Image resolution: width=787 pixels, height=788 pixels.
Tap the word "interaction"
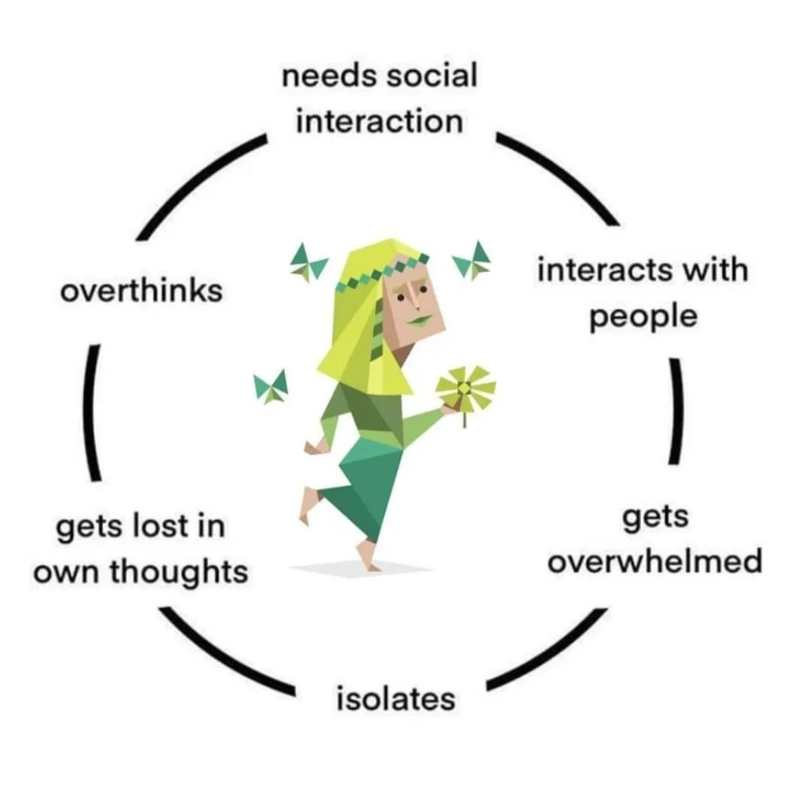tap(379, 122)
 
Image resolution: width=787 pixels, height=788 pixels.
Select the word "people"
tap(643, 317)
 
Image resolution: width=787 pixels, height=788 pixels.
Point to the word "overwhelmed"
tap(654, 562)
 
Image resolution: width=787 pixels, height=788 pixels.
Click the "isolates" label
tap(396, 698)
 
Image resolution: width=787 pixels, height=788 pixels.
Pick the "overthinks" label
tap(142, 291)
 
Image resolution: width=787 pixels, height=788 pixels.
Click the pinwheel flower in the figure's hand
tap(465, 386)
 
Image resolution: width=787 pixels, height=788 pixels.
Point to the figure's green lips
tap(422, 319)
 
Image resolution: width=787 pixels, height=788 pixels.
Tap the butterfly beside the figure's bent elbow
tap(271, 386)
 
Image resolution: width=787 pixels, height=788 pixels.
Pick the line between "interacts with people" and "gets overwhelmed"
tap(677, 411)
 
